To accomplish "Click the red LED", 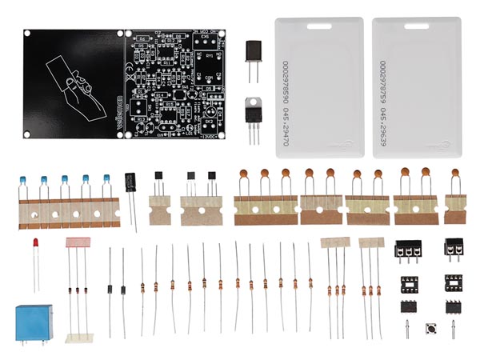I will point(34,242).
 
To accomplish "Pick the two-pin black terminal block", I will point(454,249).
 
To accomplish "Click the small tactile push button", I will point(430,328).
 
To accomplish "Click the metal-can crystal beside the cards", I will point(254,53).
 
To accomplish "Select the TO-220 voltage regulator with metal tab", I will point(254,111).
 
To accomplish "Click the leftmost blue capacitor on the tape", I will point(24,178).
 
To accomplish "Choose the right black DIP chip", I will point(454,306).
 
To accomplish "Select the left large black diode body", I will point(110,289).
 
